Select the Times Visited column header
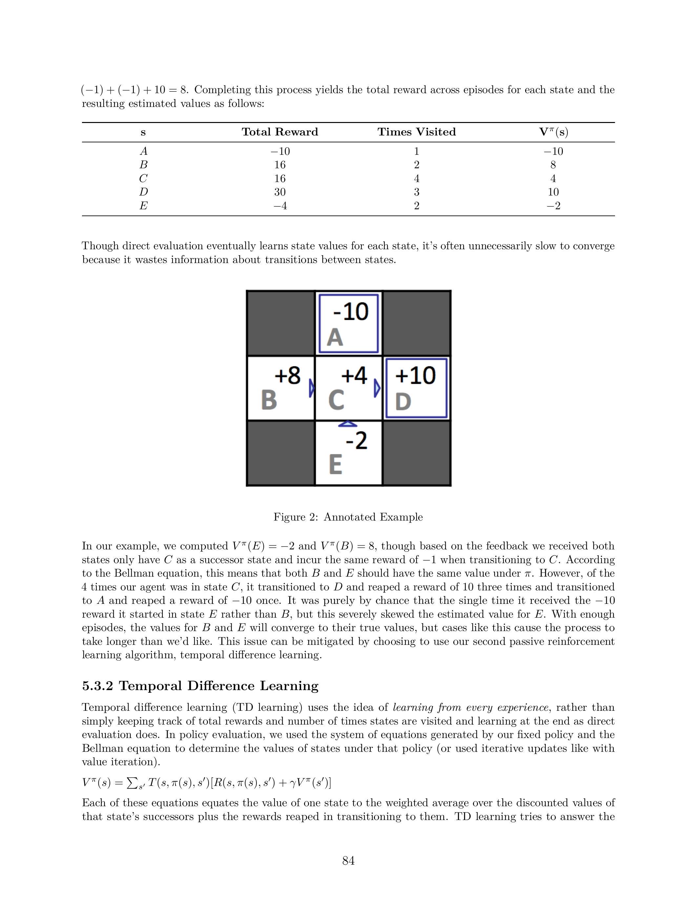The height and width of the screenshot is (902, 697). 416,132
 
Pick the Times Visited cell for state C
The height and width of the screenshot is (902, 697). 416,178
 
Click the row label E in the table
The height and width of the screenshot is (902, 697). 143,206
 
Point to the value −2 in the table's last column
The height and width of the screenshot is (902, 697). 553,206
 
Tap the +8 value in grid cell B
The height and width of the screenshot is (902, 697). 287,376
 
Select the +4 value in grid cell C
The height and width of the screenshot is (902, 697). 354,376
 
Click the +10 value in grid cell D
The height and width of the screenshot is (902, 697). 415,376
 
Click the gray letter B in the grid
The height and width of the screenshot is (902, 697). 269,400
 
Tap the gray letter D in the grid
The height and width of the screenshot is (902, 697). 403,401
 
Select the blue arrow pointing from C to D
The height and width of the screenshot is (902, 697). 377,389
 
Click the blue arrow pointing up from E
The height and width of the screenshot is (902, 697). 348,424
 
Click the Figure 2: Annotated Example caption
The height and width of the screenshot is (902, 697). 348,517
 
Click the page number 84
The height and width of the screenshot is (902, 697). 348,861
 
